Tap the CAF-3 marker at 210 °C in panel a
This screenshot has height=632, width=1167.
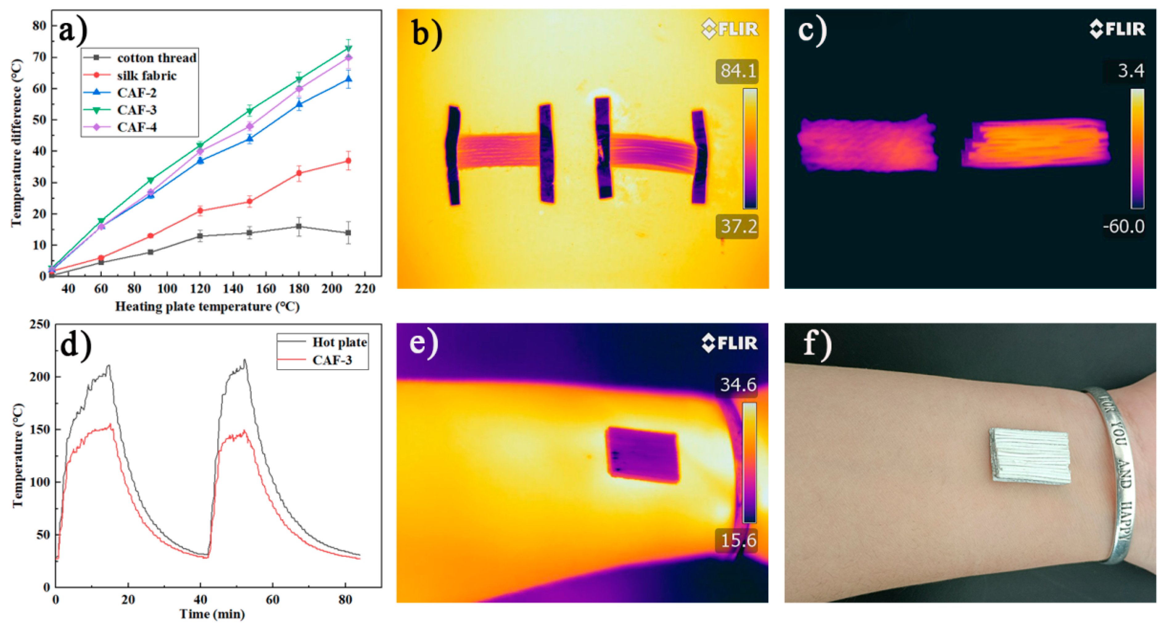tap(348, 48)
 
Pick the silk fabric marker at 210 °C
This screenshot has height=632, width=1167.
tap(348, 161)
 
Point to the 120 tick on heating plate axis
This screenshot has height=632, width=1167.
tap(200, 289)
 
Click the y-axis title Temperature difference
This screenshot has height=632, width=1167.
tap(16, 143)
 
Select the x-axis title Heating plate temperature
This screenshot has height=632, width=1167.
tap(207, 307)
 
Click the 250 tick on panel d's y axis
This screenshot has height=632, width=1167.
tap(40, 324)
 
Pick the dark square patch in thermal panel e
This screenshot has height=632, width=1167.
tap(642, 455)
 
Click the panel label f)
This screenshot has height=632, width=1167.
tap(817, 344)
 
